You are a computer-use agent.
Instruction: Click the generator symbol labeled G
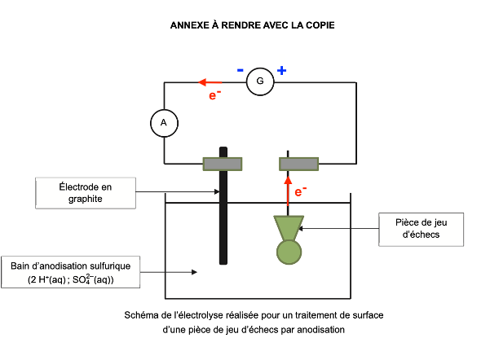point(260,82)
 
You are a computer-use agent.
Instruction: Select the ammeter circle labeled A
point(164,122)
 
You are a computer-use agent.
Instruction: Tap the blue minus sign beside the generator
point(241,70)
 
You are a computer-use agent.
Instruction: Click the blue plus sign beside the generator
point(281,70)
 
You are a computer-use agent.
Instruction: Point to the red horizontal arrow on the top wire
point(210,82)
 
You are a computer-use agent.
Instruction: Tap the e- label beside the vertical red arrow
point(301,192)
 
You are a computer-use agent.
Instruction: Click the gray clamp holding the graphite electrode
point(223,164)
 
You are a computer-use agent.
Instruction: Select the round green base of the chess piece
point(288,251)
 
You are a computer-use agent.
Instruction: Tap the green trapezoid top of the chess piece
point(288,226)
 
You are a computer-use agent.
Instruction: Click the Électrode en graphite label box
point(85,191)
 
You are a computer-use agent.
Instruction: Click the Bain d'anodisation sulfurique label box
point(71,272)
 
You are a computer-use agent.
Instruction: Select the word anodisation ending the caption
point(320,330)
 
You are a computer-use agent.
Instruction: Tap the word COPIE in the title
point(317,25)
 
